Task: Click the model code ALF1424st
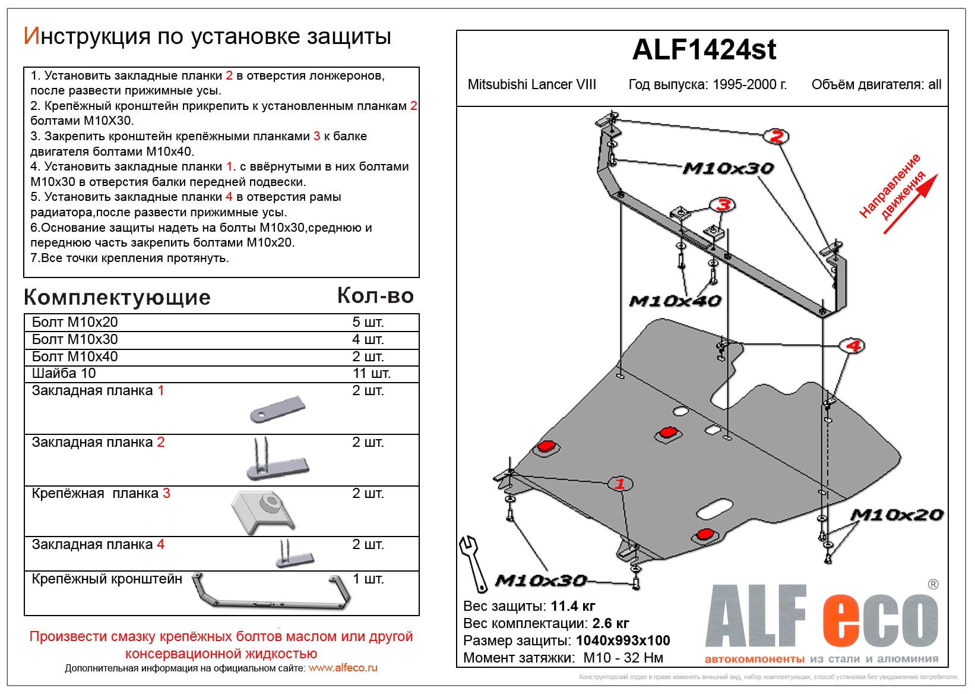tap(704, 50)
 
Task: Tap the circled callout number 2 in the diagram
tap(776, 137)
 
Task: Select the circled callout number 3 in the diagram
tap(723, 206)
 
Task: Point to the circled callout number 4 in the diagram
tap(853, 345)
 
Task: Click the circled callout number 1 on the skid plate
tap(620, 483)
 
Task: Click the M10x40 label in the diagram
tap(675, 301)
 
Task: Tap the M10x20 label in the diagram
tap(897, 515)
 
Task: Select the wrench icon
tap(473, 562)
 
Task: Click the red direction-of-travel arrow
tap(911, 203)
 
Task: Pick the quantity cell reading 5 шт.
tap(368, 322)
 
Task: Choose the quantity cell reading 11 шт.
tap(371, 373)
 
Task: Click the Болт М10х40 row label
tap(75, 357)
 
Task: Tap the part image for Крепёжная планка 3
tap(263, 512)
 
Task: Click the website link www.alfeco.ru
tap(343, 668)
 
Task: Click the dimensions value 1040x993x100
tap(623, 641)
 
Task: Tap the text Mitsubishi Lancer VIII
tap(531, 84)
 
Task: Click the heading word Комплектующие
tap(117, 297)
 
